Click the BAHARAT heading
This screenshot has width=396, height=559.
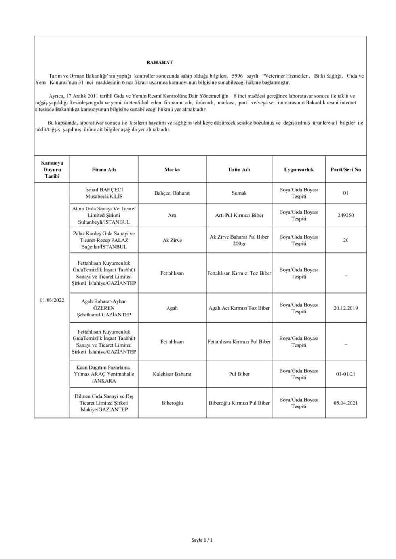click(x=160, y=63)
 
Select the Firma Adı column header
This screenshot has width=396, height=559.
click(x=104, y=169)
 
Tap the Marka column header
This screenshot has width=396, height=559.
click(x=172, y=169)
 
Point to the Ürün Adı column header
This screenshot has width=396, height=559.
click(x=239, y=169)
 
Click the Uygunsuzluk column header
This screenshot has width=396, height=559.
click(x=299, y=169)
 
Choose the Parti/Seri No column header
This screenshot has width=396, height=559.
click(x=346, y=169)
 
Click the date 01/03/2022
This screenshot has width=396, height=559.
click(x=52, y=300)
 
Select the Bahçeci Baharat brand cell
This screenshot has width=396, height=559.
click(x=172, y=193)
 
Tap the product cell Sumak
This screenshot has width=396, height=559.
click(x=239, y=193)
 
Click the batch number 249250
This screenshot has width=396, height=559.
click(x=346, y=216)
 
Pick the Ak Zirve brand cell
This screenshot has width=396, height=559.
click(x=172, y=240)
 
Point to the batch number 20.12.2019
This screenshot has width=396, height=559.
click(x=346, y=308)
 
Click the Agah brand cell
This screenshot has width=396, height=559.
click(x=172, y=308)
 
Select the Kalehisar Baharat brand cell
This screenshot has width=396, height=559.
click(x=172, y=374)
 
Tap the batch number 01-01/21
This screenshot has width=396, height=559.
click(x=346, y=374)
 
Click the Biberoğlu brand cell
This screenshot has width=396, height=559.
click(x=172, y=403)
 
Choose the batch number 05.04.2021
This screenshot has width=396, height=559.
click(x=346, y=403)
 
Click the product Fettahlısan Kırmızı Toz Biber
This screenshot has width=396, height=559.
click(x=239, y=273)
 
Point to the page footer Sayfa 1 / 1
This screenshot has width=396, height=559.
click(x=202, y=540)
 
